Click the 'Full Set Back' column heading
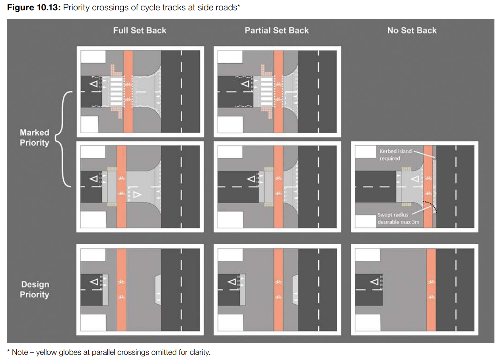click(x=140, y=31)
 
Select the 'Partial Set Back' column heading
click(x=276, y=31)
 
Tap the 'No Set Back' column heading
click(x=412, y=31)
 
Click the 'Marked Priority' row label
click(x=35, y=138)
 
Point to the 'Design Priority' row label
click(x=35, y=290)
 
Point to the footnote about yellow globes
click(x=108, y=352)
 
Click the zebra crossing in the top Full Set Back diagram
click(x=117, y=91)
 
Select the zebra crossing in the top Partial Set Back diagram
click(x=266, y=91)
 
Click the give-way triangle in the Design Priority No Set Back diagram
click(x=374, y=282)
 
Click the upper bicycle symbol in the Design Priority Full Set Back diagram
click(x=122, y=282)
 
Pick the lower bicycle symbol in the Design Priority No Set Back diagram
click(x=431, y=297)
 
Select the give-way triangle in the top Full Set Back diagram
click(x=94, y=84)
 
